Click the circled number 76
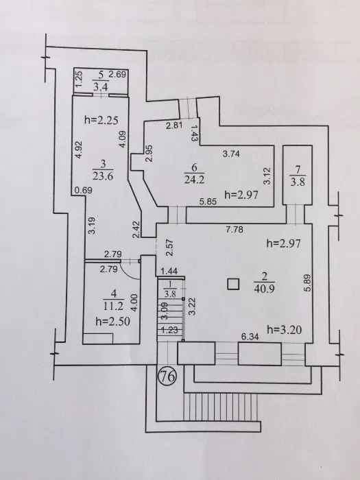168,376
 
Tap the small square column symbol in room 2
233,284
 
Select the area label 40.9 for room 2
264,288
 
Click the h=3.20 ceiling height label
285,330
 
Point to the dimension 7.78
235,229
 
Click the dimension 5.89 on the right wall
308,283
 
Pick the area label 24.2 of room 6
194,179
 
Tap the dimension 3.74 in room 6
231,154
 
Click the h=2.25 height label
101,120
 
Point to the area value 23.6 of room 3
103,176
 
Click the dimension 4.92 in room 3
78,149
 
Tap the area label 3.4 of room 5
100,87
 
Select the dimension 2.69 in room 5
118,74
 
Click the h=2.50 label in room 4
113,322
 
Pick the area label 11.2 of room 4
114,306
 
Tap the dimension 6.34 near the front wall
250,337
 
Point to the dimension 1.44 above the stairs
169,271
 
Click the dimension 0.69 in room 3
83,190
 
